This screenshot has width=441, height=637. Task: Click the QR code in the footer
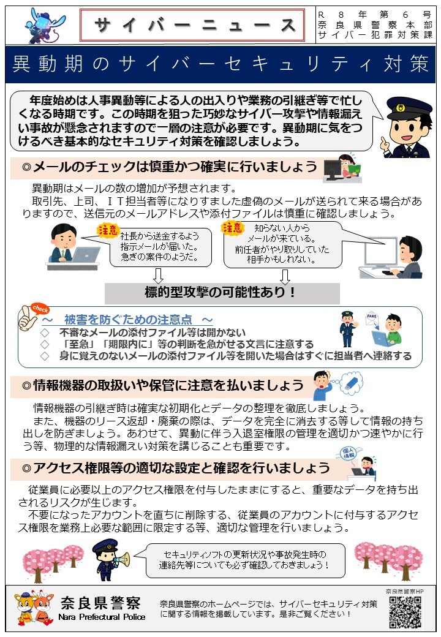point(405,612)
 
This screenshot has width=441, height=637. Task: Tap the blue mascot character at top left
point(44,25)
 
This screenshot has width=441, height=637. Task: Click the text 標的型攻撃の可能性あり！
point(222,293)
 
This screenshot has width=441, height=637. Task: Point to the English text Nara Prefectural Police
point(102,617)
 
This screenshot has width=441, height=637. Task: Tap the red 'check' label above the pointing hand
point(40,309)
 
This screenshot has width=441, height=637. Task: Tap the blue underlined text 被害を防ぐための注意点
point(133,320)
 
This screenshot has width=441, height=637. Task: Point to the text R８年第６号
point(374,13)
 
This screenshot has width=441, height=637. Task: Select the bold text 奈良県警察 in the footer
point(102,601)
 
